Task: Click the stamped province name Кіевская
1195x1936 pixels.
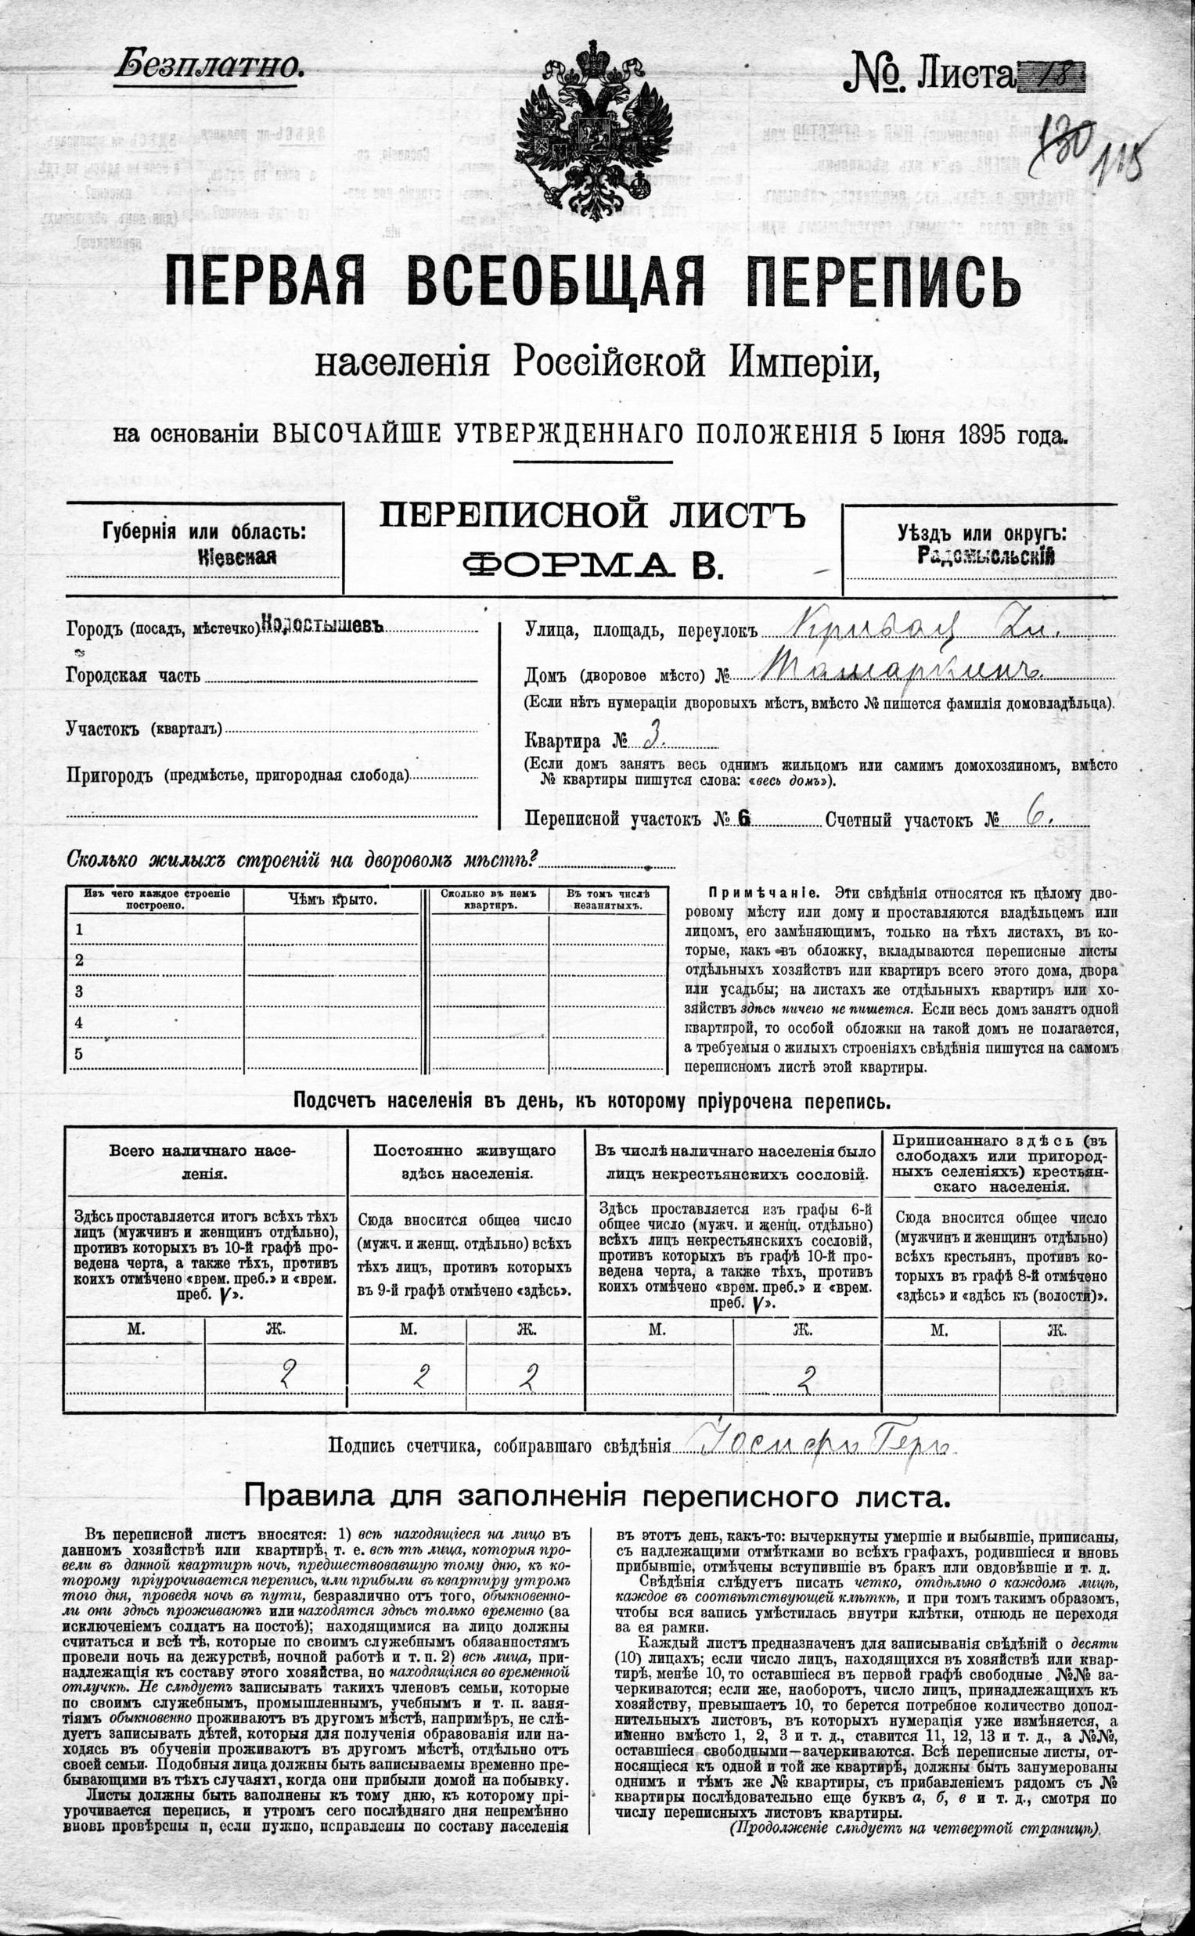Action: click(x=237, y=556)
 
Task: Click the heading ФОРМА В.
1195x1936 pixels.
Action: click(x=592, y=563)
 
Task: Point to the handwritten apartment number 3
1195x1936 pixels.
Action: click(x=652, y=739)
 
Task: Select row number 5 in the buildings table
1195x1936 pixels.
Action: click(x=79, y=1053)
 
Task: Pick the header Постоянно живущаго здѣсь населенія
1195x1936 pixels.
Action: click(x=465, y=1161)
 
